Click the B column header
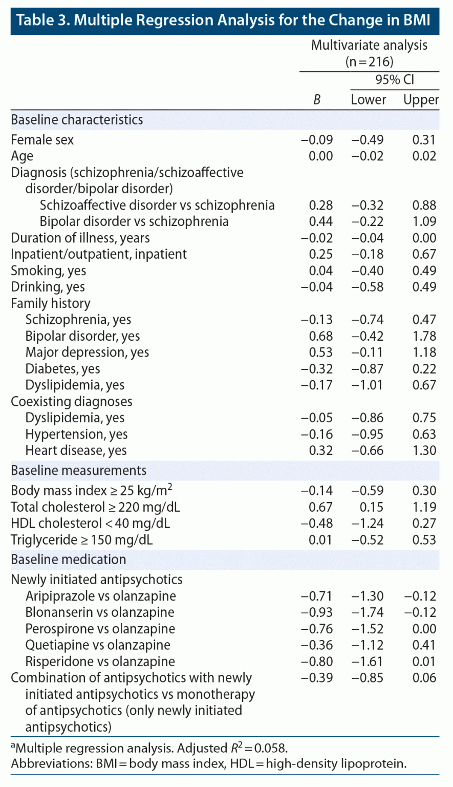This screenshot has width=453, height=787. point(317,100)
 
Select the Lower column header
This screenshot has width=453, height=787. point(368,100)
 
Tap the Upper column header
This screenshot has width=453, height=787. point(421,100)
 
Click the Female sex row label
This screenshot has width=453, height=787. point(42,140)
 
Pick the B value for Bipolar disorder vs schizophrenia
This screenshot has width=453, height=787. point(321,221)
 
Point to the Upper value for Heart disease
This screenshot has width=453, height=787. point(424,450)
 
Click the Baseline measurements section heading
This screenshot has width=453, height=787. point(79,470)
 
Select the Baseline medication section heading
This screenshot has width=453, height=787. point(69,560)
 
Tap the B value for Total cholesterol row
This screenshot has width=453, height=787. point(321,507)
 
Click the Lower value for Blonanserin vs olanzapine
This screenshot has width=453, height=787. point(368,612)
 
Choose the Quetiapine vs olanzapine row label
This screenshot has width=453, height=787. point(98,645)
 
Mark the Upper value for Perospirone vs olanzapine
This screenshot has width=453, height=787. point(424,629)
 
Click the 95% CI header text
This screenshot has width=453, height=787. point(395,79)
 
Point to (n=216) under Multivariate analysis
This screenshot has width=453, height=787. point(369,62)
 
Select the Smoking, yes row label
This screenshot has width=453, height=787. point(49,271)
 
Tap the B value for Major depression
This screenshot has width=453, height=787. point(321,353)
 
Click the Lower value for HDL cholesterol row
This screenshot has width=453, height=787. point(368,523)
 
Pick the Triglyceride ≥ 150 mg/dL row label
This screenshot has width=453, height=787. point(82,540)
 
